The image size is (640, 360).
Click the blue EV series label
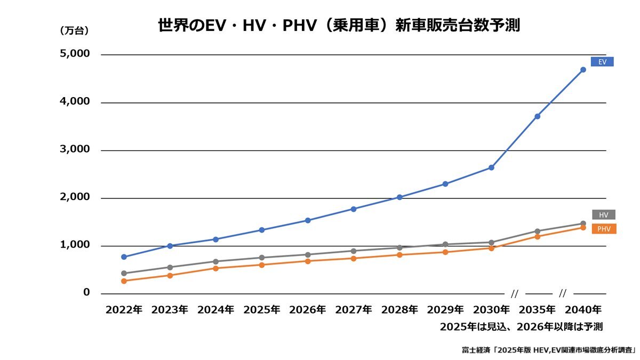602,62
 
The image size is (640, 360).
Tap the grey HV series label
603,215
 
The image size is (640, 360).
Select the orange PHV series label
604,229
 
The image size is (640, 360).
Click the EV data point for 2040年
583,69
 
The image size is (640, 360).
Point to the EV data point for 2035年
537,116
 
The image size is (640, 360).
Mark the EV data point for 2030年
491,167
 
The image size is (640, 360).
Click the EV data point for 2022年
124,257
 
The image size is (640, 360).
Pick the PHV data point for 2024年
215,268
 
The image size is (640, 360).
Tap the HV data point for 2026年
308,254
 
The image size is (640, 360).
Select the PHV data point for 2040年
583,227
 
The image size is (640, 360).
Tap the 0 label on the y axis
87,293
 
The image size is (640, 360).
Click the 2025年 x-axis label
261,309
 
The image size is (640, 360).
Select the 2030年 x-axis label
491,309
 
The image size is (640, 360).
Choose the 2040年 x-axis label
583,309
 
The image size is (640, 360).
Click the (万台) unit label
74,31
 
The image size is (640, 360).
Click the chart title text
339,26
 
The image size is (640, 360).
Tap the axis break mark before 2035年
515,293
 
